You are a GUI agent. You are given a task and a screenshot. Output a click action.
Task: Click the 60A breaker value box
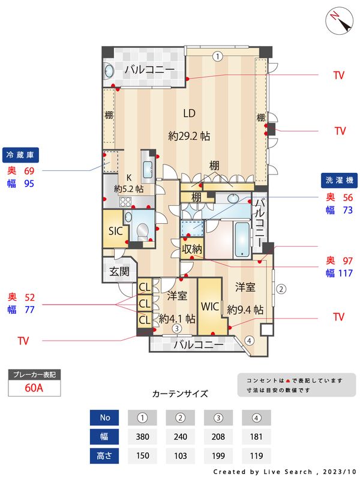click(x=34, y=388)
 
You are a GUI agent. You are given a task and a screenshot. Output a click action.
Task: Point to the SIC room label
click(x=116, y=231)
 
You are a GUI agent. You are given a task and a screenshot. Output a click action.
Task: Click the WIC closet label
click(x=210, y=306)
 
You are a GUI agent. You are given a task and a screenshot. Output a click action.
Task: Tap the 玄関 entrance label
click(x=119, y=271)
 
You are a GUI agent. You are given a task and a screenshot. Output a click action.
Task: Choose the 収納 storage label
click(x=192, y=247)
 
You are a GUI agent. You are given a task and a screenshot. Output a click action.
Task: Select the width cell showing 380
click(x=143, y=436)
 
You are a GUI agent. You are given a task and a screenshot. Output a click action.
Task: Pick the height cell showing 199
click(x=218, y=455)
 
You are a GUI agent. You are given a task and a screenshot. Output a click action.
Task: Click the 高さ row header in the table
click(x=105, y=455)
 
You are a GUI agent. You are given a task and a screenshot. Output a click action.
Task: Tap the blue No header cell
click(x=105, y=417)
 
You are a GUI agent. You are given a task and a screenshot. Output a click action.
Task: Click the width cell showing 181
click(x=256, y=436)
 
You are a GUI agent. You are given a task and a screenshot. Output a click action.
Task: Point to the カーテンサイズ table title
click(x=180, y=394)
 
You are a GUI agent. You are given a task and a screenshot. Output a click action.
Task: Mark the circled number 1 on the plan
click(x=217, y=56)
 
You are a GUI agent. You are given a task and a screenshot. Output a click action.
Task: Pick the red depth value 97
click(x=331, y=261)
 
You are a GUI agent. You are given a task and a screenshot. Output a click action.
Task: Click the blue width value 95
click(x=29, y=184)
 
